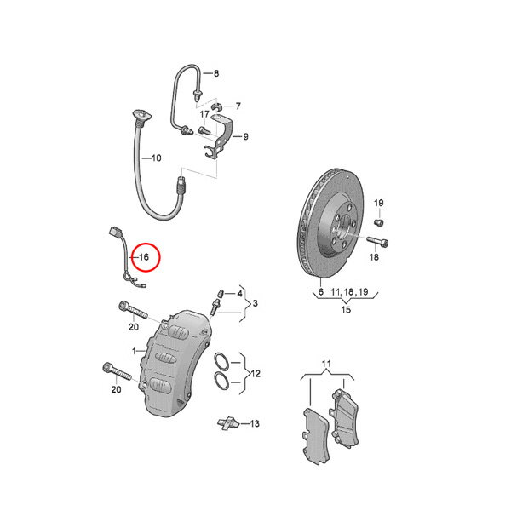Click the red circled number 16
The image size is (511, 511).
coord(144,257)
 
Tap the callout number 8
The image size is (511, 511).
coord(216,73)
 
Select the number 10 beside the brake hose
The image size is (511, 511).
coord(157,158)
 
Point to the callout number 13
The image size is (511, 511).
coord(255,423)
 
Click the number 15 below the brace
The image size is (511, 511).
coord(346,310)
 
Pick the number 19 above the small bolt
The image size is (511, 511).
coord(378,203)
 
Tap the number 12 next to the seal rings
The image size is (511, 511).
coord(255,374)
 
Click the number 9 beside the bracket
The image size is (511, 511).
coord(246,136)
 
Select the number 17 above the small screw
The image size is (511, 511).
coord(204,114)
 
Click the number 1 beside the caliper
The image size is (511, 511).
coord(134,351)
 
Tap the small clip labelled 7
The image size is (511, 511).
coord(215,106)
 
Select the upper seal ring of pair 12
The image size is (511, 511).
coord(221,361)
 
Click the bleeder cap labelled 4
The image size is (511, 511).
coord(220,293)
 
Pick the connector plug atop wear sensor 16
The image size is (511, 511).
coord(115,232)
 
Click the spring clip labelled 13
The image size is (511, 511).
coord(228,423)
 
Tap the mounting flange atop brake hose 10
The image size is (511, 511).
coord(141,115)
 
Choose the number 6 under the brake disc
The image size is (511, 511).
coord(321,291)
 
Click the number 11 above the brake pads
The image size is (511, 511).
coord(326,364)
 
